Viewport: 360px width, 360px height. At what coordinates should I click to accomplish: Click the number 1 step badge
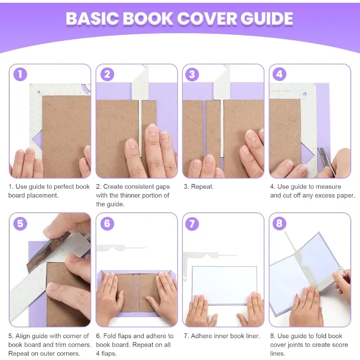(20, 74)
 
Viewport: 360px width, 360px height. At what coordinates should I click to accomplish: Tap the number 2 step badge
(107, 74)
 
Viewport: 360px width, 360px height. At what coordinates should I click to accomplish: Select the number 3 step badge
(192, 74)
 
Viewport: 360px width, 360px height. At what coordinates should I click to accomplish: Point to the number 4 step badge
(279, 74)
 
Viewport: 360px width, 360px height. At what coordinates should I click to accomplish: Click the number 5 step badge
(20, 223)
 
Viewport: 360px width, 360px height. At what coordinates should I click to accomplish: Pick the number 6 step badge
(107, 223)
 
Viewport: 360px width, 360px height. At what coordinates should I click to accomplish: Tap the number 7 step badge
(192, 223)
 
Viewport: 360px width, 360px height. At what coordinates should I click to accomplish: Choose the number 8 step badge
(279, 223)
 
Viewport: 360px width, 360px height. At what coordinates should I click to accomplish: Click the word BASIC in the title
(92, 19)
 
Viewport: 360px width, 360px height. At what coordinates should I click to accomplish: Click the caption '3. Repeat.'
(199, 187)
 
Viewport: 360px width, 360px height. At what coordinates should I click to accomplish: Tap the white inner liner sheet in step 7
(224, 285)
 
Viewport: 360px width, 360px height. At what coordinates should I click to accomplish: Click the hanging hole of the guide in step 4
(304, 96)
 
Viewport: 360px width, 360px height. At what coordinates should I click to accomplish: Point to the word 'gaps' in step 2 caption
(162, 187)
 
